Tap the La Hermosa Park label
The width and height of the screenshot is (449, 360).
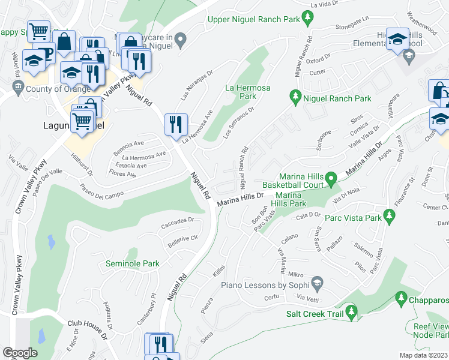click(x=248, y=91)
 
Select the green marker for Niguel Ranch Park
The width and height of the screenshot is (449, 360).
click(x=295, y=95)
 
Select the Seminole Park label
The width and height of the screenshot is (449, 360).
click(x=133, y=263)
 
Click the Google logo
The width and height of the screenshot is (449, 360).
click(x=20, y=352)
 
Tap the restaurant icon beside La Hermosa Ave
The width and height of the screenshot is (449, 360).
click(x=176, y=125)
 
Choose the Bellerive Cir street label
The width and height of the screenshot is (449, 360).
click(x=183, y=239)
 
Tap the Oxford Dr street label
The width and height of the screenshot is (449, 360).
click(x=318, y=60)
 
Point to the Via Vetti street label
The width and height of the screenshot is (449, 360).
click(x=307, y=298)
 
